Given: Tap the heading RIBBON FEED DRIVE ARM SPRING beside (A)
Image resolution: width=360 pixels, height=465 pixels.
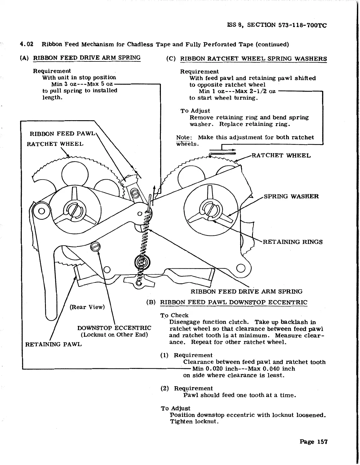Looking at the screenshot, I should point(87,58).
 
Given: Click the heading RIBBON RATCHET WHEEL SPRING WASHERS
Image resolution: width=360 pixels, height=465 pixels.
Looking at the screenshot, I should point(253,58).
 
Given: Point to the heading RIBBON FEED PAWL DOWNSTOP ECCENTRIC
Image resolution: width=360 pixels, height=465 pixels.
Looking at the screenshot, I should point(234,302).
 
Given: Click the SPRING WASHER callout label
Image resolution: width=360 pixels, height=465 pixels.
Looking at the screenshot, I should point(291,196).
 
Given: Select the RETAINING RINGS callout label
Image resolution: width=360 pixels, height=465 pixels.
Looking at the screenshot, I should point(292,242).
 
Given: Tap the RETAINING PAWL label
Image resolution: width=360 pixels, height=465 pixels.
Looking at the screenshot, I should point(54,344).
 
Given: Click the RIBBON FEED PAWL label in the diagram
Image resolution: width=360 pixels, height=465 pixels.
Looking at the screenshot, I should point(62,134).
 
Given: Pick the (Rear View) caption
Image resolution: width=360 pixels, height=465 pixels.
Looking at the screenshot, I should point(87,307).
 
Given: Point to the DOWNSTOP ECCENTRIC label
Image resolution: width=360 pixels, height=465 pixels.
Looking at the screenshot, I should point(114,328).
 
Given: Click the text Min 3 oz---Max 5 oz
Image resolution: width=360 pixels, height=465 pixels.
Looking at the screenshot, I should point(82,84).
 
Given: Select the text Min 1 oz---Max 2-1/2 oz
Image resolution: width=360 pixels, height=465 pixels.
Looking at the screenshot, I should point(237,91).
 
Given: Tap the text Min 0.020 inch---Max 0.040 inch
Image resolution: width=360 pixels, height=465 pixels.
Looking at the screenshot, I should point(244,369).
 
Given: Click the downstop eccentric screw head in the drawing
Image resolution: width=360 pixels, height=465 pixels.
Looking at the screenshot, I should point(96,246).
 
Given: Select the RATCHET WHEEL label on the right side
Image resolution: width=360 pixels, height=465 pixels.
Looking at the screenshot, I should point(281,155).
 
